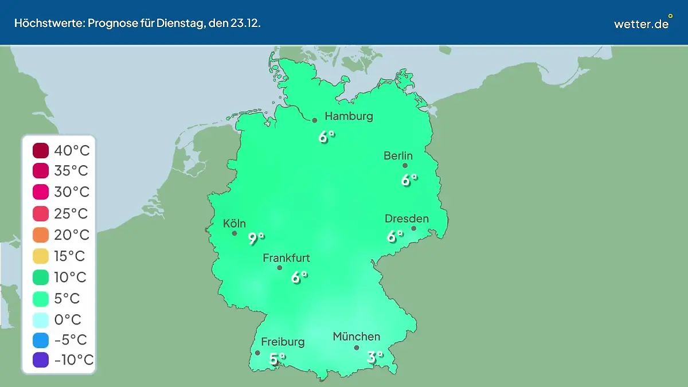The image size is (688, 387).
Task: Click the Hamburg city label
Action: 349,116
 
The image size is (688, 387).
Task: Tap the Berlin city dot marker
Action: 405,166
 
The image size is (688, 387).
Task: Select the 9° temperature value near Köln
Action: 256,239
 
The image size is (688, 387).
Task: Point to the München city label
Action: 356,337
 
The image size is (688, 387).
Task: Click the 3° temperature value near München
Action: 374,357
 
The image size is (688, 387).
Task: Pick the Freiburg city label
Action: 283,342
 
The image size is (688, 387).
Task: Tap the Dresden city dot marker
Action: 413,228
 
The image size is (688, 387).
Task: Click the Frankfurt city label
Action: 286,258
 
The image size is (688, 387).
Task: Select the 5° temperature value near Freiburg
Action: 277,359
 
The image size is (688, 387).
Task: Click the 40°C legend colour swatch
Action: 41,151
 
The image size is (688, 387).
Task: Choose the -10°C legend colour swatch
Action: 41,360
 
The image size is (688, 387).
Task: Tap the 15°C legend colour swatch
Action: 41,256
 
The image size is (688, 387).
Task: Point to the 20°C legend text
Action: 72,234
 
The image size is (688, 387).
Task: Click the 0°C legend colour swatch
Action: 41,319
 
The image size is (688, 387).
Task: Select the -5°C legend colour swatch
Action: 41,339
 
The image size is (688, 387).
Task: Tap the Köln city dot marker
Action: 234,233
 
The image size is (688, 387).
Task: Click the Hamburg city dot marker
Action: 315,120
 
